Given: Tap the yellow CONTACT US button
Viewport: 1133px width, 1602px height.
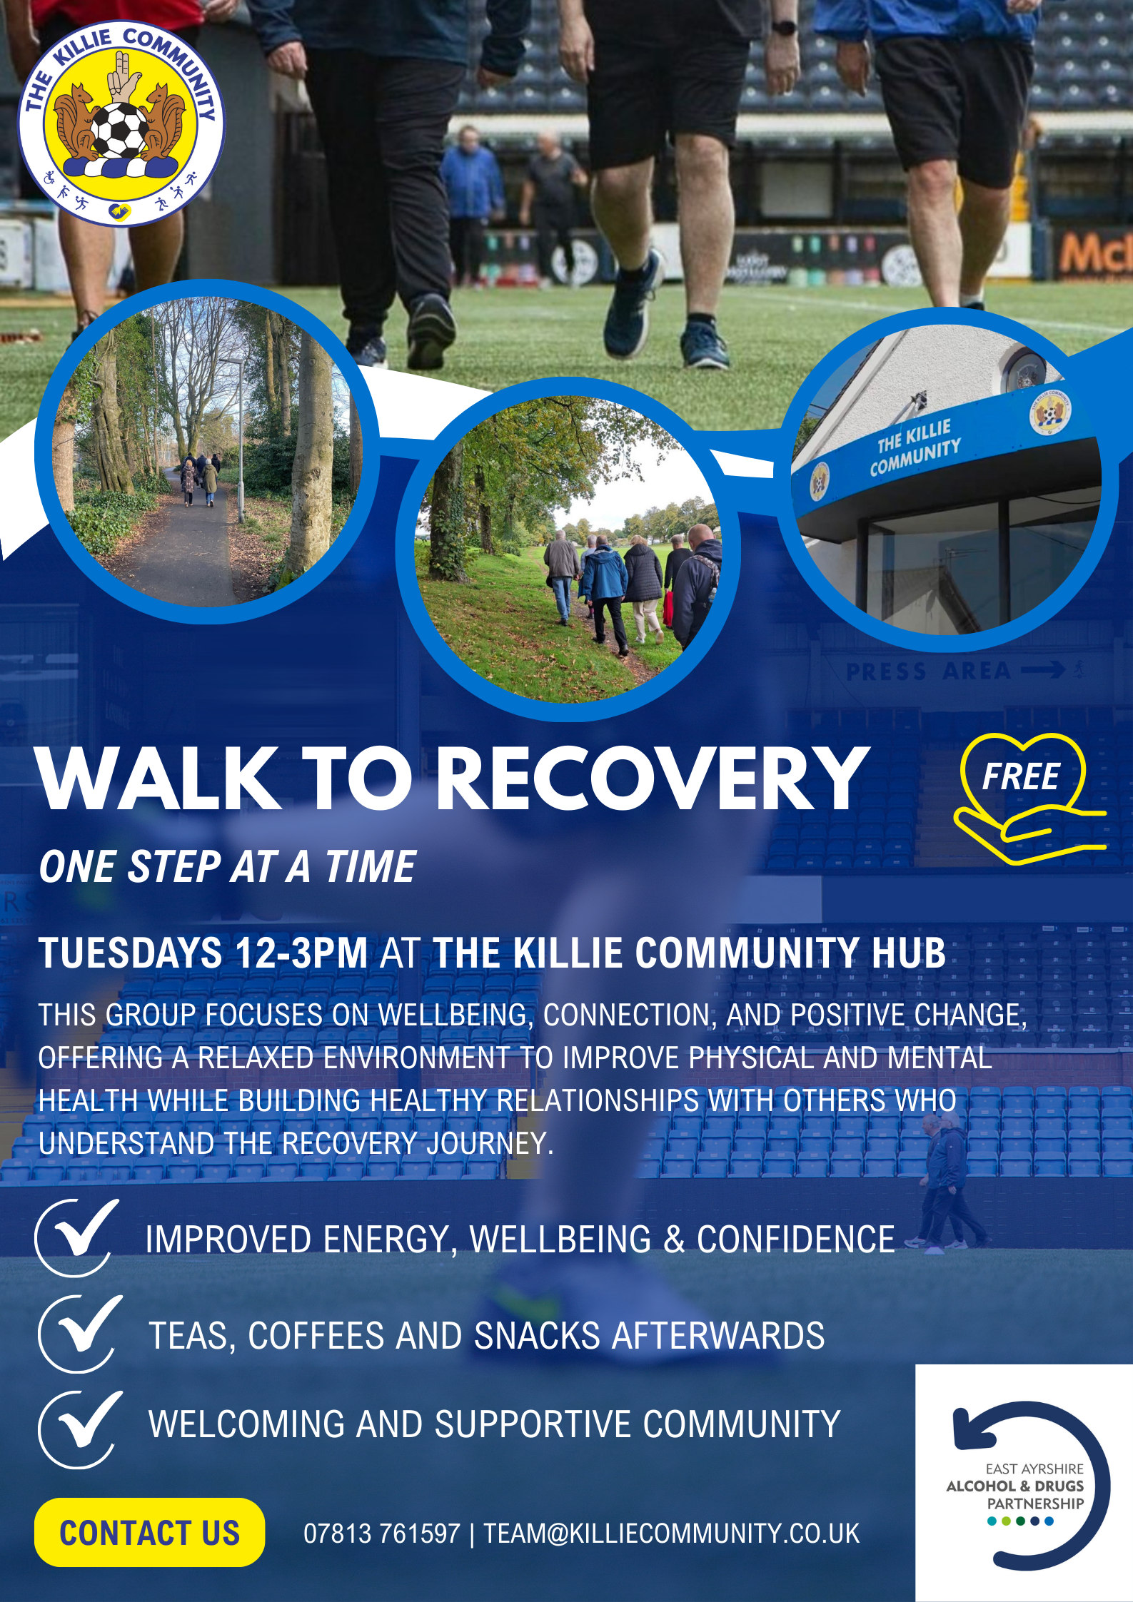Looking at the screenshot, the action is point(149,1532).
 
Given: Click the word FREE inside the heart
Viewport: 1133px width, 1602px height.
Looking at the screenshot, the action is point(1020,777).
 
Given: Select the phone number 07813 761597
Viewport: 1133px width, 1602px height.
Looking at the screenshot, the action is point(381,1533).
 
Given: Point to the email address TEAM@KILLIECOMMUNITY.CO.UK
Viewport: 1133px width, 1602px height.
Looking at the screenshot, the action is point(671,1533).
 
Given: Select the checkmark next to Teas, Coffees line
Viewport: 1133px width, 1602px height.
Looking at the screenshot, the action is point(80,1333).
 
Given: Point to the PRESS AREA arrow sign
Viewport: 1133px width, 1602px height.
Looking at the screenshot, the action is point(964,671).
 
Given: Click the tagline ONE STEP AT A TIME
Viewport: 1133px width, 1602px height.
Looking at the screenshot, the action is point(228,867).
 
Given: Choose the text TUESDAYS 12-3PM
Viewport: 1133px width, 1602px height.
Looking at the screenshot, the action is point(203,953).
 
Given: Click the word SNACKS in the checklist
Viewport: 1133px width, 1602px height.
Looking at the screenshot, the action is point(538,1335).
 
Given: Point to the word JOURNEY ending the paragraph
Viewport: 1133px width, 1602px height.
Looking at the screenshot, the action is point(489,1142).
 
